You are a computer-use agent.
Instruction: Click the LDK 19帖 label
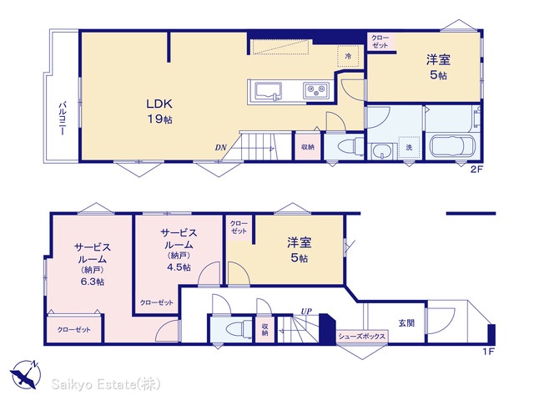point(159,111)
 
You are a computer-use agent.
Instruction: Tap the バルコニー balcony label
point(63,119)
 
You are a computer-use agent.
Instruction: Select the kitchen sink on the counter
point(269,91)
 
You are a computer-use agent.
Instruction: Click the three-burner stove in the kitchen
point(316,91)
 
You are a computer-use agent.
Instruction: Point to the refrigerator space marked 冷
point(348,56)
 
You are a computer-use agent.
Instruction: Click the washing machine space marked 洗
point(410,147)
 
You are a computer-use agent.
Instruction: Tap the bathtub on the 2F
point(452,147)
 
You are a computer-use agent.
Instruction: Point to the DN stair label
point(220,147)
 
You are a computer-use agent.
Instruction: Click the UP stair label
point(306,311)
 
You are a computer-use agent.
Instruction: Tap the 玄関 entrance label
point(406,322)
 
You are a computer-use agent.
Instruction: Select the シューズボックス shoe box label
point(361,336)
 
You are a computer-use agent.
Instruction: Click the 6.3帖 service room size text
point(93,282)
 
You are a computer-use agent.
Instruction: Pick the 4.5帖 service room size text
point(179,267)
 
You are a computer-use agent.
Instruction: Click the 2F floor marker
point(476,169)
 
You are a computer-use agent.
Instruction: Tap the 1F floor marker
point(488,352)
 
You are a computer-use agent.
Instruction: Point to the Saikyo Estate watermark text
point(106,384)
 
